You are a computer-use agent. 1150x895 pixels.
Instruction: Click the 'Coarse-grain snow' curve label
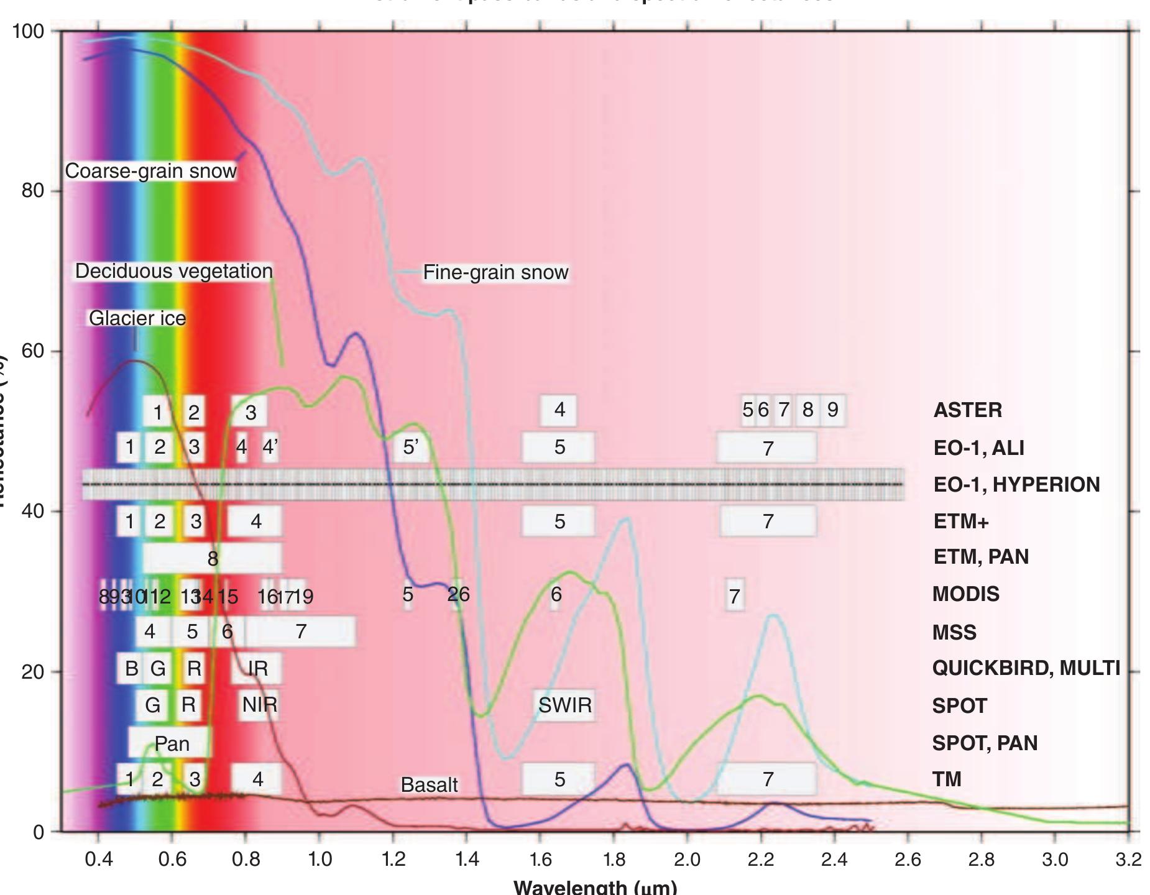click(x=150, y=171)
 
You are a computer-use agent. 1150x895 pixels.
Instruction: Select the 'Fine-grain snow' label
click(x=495, y=272)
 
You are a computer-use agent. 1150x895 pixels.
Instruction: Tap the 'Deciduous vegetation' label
click(x=173, y=271)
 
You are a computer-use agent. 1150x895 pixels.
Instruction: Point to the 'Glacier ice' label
click(x=137, y=318)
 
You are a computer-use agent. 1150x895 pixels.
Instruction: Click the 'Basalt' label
click(x=429, y=785)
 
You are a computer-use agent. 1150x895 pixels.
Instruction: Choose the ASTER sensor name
click(x=967, y=410)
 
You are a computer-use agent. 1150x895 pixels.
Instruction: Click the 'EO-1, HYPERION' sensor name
click(x=1016, y=484)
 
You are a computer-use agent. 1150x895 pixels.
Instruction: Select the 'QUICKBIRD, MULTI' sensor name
click(x=1026, y=668)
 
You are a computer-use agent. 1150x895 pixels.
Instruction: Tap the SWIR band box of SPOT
click(x=564, y=705)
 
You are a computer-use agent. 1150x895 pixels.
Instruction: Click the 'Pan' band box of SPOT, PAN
click(x=171, y=743)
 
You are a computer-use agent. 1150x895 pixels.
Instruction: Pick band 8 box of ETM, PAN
click(x=213, y=558)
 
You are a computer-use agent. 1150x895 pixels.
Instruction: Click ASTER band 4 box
click(x=559, y=410)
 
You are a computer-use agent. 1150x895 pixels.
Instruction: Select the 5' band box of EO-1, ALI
click(x=410, y=447)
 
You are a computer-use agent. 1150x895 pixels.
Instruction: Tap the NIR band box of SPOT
click(x=259, y=705)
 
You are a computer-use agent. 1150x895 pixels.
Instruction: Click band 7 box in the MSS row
click(x=301, y=631)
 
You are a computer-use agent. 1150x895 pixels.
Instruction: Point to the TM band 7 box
click(x=768, y=779)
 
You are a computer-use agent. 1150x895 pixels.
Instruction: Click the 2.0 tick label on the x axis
click(x=687, y=860)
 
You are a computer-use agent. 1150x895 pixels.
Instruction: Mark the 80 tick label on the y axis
click(x=32, y=191)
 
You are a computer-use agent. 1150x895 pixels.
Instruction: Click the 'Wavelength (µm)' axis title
click(x=595, y=887)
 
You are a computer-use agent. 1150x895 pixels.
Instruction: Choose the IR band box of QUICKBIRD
click(x=257, y=668)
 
